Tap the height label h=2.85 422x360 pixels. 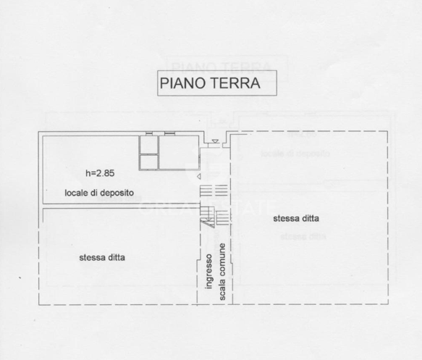tap(100, 173)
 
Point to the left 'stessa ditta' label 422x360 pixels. tap(103, 257)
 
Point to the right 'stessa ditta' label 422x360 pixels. tap(297, 218)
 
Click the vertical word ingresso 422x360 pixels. tap(208, 272)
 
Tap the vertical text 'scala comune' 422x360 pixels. tap(224, 272)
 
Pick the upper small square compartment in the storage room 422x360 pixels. tap(148, 145)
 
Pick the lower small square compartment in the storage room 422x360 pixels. tap(148, 162)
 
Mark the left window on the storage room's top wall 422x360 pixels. tap(148, 133)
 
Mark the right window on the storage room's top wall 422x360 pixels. tap(170, 133)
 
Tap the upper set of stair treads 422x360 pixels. tap(214, 190)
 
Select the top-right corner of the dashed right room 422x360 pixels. tap(389, 132)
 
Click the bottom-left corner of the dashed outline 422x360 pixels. tap(39, 304)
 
